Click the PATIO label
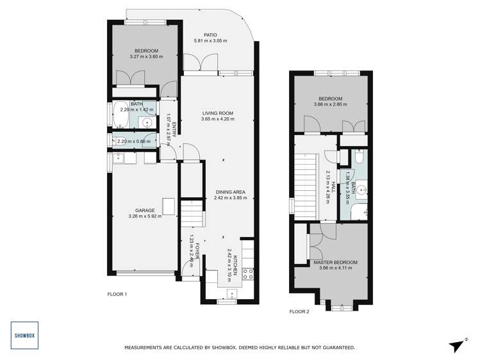(210, 35)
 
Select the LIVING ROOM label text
(217, 113)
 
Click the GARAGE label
(144, 210)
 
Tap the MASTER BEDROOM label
(335, 263)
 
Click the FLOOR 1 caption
(117, 294)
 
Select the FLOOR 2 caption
(299, 311)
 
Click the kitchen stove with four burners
(247, 275)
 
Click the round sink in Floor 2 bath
(362, 190)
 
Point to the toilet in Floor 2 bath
(360, 157)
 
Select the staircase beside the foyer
(191, 213)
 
